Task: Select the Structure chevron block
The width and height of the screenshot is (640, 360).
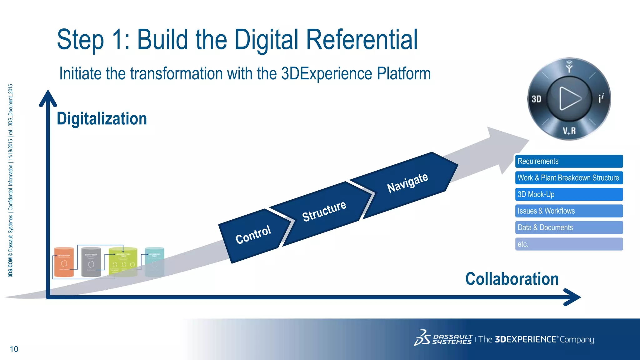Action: [324, 212]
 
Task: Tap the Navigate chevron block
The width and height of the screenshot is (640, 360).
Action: [407, 182]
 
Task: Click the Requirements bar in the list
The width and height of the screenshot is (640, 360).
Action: [569, 161]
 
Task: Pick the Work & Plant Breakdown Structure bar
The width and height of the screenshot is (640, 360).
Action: [569, 178]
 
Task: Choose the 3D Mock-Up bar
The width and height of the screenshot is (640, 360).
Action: [569, 194]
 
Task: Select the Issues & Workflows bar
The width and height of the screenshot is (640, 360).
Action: [569, 211]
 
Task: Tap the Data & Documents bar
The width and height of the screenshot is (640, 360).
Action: [569, 227]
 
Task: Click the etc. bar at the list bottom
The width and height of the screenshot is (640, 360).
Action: [569, 244]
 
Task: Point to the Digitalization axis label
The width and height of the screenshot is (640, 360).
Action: [102, 119]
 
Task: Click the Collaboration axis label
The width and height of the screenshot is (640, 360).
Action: [512, 279]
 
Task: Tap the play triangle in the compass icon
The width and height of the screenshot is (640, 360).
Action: [569, 99]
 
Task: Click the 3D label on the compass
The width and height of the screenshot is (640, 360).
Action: [536, 99]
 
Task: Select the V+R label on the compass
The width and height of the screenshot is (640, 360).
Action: [569, 131]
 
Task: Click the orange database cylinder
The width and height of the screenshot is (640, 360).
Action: [64, 262]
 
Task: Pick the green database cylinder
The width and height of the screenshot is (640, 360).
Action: [123, 262]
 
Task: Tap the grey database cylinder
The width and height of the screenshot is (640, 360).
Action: [91, 262]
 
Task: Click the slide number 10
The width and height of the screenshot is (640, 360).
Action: [14, 349]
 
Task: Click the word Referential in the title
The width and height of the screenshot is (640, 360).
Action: [362, 40]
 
